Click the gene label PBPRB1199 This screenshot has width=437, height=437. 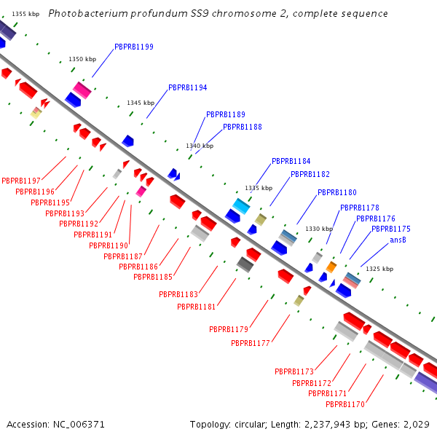(134, 47)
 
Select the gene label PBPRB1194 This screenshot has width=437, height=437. (187, 87)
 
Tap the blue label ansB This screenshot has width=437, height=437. (398, 240)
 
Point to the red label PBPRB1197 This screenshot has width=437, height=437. (21, 180)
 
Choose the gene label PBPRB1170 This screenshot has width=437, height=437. (345, 404)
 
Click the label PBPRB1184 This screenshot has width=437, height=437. (291, 161)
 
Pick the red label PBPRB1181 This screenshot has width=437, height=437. (197, 307)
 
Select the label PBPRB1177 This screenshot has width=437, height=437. (251, 343)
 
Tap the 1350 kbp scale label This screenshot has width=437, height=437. (82, 60)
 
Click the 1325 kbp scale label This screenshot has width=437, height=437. (379, 269)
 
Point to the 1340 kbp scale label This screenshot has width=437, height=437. (200, 146)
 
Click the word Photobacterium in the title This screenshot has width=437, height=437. (82, 14)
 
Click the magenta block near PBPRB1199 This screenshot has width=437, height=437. (82, 90)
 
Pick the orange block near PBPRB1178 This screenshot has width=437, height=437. (331, 267)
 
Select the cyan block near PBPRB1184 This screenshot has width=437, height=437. (241, 205)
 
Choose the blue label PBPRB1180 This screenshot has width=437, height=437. (336, 193)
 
